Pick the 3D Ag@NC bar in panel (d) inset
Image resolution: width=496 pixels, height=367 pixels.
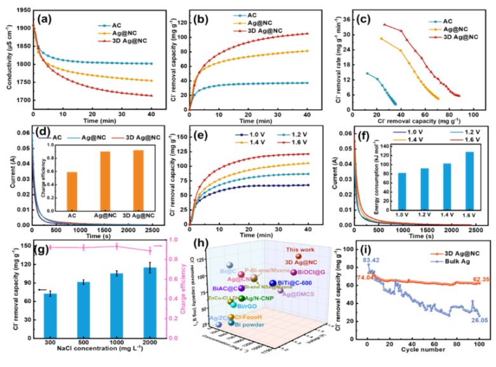[x=139, y=179]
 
